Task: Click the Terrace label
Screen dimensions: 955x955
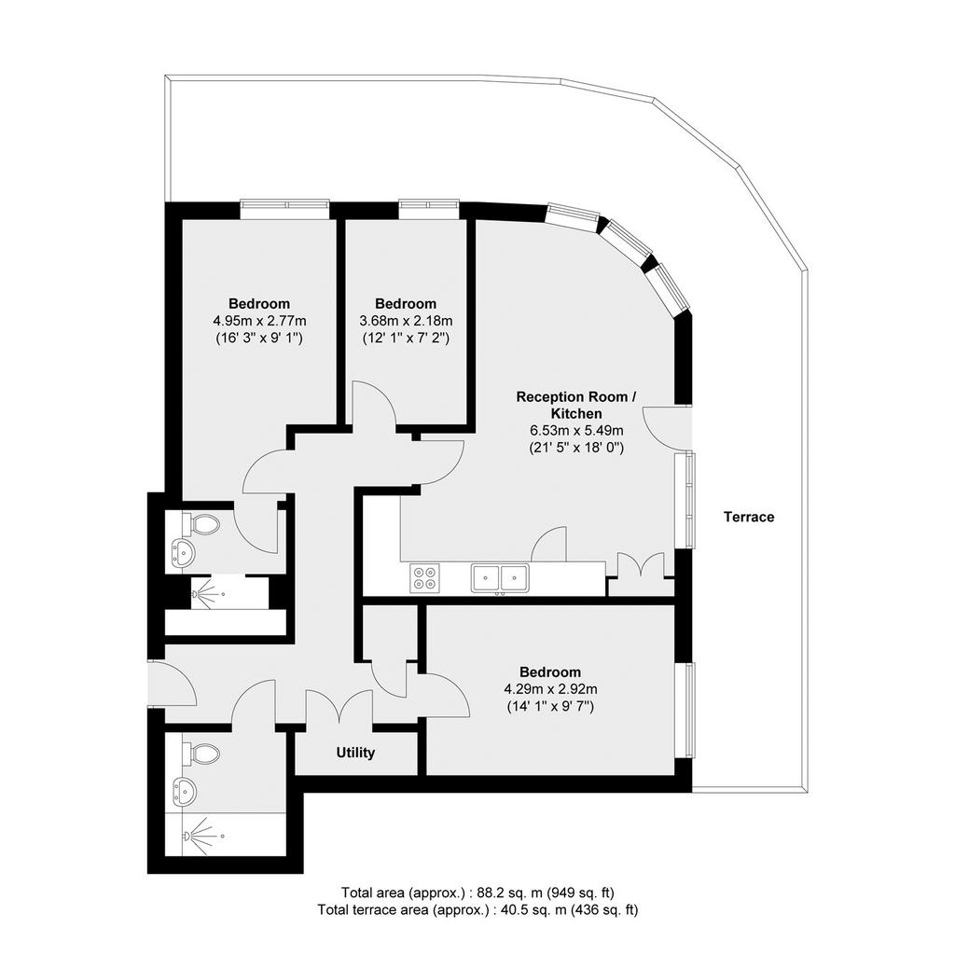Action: pos(749,517)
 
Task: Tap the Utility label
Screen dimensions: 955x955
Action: pos(355,753)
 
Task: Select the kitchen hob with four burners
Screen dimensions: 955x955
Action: pos(425,576)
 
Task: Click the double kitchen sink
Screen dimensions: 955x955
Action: pos(500,578)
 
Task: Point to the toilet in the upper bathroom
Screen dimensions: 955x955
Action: pos(201,524)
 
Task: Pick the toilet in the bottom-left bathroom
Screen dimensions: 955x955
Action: pos(201,754)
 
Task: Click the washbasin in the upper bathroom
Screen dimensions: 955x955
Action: pos(183,552)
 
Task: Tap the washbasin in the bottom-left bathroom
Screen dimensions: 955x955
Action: pos(184,792)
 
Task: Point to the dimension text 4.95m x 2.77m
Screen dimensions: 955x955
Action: pos(259,321)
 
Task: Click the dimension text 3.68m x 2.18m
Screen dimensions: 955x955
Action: pos(406,321)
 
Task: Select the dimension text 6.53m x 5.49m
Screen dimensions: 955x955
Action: pos(576,431)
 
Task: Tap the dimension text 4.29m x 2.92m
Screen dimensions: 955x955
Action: pos(550,689)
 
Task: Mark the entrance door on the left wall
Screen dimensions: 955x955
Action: pos(173,684)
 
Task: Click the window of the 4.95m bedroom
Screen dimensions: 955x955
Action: pos(284,209)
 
